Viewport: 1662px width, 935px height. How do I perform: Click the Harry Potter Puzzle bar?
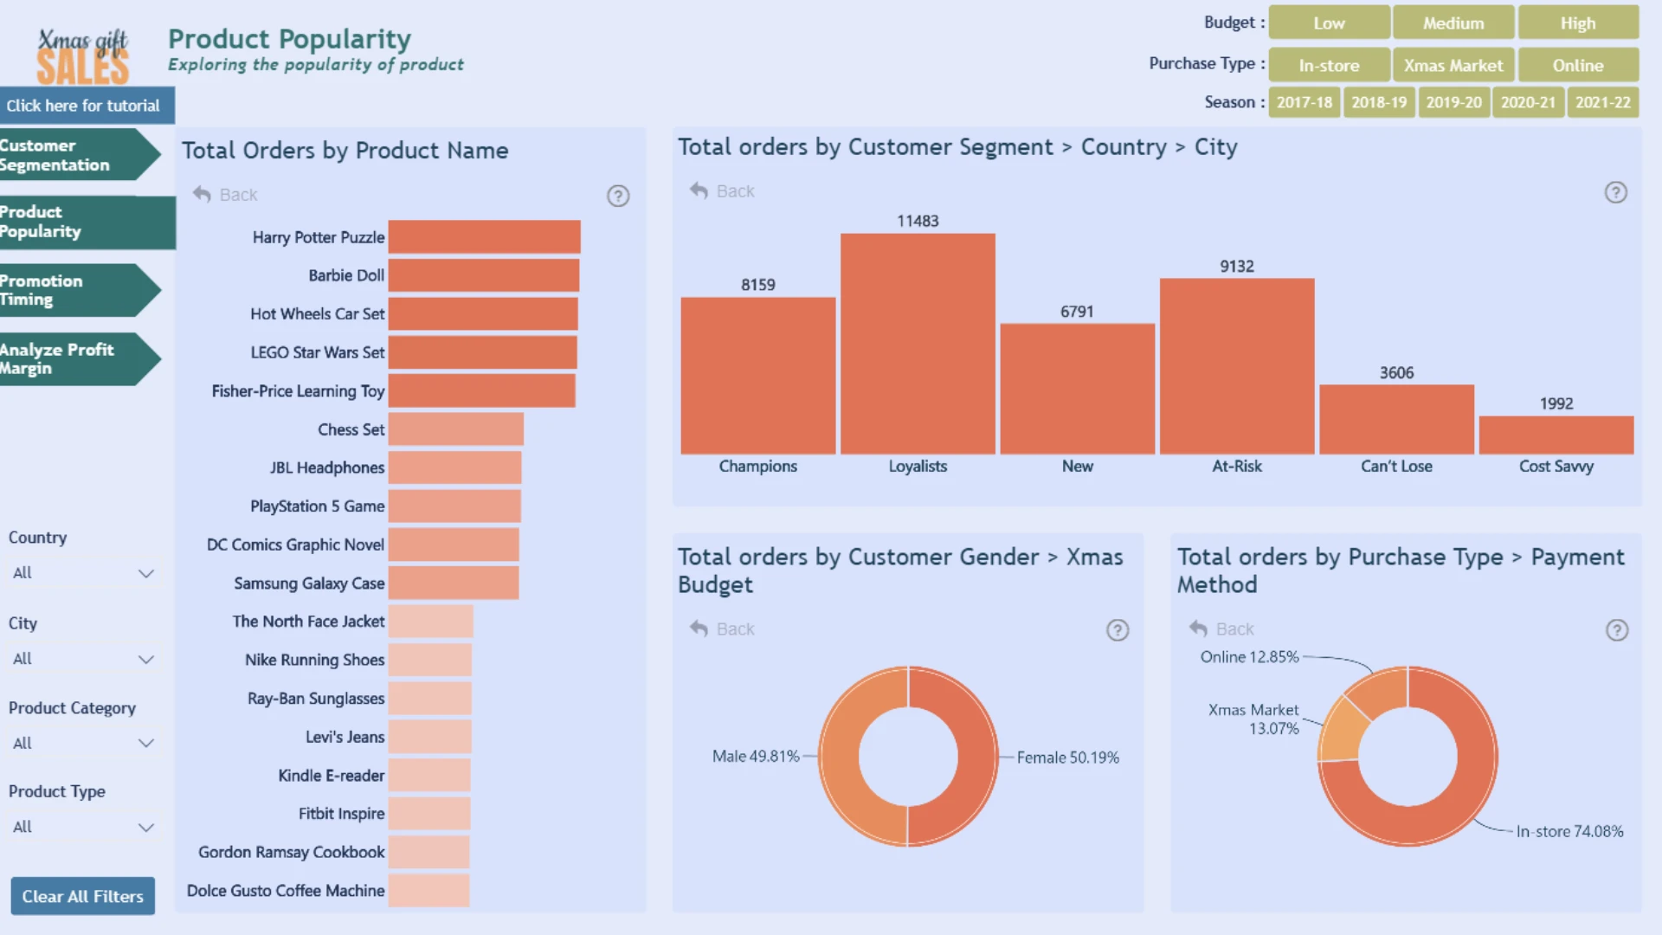click(484, 237)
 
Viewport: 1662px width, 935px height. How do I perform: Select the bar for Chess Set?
click(455, 429)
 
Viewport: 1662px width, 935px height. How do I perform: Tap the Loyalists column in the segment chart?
click(918, 344)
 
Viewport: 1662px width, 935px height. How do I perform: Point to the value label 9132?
click(1237, 267)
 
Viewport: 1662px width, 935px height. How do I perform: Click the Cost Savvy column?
click(1556, 435)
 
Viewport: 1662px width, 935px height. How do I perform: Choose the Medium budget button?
click(1453, 23)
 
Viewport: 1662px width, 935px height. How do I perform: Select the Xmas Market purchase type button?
click(1453, 65)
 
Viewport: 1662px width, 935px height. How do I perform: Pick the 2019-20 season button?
click(1453, 102)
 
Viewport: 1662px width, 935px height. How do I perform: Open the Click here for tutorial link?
click(83, 106)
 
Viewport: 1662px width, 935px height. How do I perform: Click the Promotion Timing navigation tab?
click(78, 290)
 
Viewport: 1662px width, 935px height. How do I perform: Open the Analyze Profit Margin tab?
click(78, 359)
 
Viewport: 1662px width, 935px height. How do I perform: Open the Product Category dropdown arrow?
click(146, 744)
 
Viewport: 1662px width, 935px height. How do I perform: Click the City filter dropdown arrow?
click(146, 660)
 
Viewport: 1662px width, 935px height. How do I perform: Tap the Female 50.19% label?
click(1068, 758)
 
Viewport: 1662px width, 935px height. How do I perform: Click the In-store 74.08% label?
click(1569, 831)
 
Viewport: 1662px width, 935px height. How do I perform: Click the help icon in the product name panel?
click(618, 196)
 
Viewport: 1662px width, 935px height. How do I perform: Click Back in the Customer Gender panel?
click(723, 629)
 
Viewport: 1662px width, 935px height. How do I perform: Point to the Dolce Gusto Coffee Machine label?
click(286, 891)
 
